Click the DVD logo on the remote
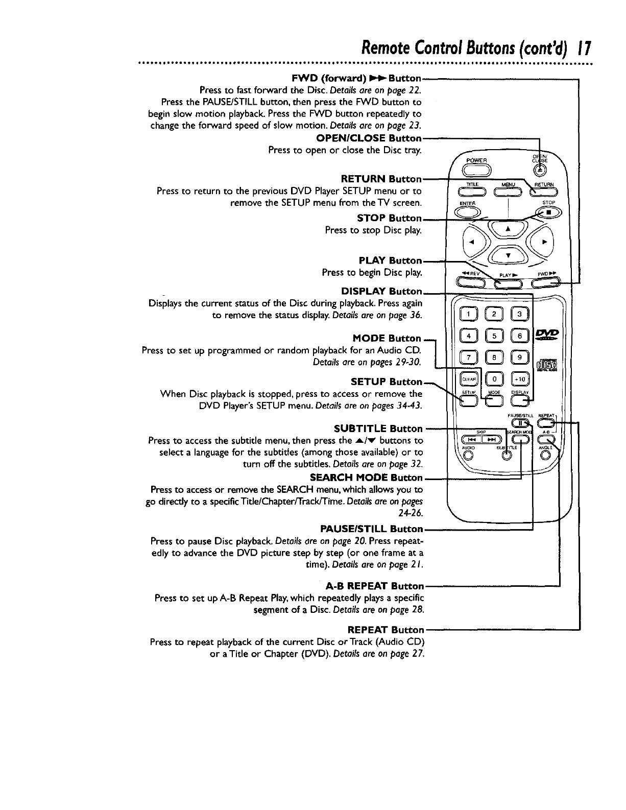[x=547, y=335]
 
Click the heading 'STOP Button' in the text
[x=390, y=219]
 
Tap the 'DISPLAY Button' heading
[x=382, y=291]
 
